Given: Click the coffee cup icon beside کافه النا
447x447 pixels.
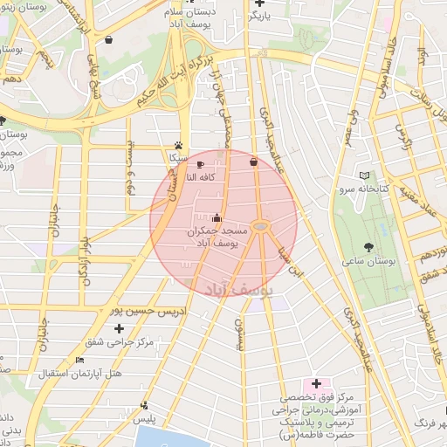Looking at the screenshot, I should pos(200,164).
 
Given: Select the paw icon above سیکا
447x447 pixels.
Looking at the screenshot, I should pos(179,145).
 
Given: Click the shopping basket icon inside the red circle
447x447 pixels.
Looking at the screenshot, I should pos(253,162).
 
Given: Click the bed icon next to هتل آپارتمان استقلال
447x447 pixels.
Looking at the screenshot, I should pos(80,360).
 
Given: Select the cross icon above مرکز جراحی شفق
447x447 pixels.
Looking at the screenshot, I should pos(119,328).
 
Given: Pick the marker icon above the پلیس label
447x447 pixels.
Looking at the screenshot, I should pos(144,405).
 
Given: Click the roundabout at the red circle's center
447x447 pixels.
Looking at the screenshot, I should pos(264,228).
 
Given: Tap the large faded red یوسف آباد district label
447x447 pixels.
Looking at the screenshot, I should pos(239,285).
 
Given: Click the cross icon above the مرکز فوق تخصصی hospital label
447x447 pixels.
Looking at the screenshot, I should pos(316,384).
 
